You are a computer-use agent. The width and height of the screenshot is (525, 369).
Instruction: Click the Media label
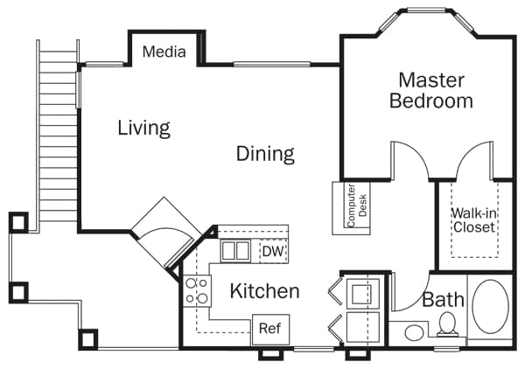pyautogui.click(x=164, y=52)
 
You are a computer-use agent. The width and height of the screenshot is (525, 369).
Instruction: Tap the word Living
pyautogui.click(x=143, y=129)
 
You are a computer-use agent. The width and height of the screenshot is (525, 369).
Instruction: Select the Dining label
pyautogui.click(x=265, y=155)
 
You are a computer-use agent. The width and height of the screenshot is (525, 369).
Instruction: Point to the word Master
pyautogui.click(x=430, y=80)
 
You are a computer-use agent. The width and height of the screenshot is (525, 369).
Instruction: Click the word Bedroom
pyautogui.click(x=430, y=101)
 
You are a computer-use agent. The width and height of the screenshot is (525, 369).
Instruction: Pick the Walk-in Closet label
pyautogui.click(x=473, y=219)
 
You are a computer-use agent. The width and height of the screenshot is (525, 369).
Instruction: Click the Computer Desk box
pyautogui.click(x=351, y=207)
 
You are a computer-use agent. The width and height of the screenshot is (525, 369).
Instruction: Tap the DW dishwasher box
pyautogui.click(x=272, y=252)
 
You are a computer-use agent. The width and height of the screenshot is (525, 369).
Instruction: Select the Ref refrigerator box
pyautogui.click(x=269, y=330)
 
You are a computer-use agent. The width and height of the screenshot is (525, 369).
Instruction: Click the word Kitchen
pyautogui.click(x=264, y=291)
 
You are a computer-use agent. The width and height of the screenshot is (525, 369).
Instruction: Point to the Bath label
pyautogui.click(x=443, y=300)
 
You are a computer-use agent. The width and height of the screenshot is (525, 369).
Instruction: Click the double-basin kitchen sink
pyautogui.click(x=235, y=252)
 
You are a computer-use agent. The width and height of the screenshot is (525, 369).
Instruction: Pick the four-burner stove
pyautogui.click(x=197, y=290)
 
